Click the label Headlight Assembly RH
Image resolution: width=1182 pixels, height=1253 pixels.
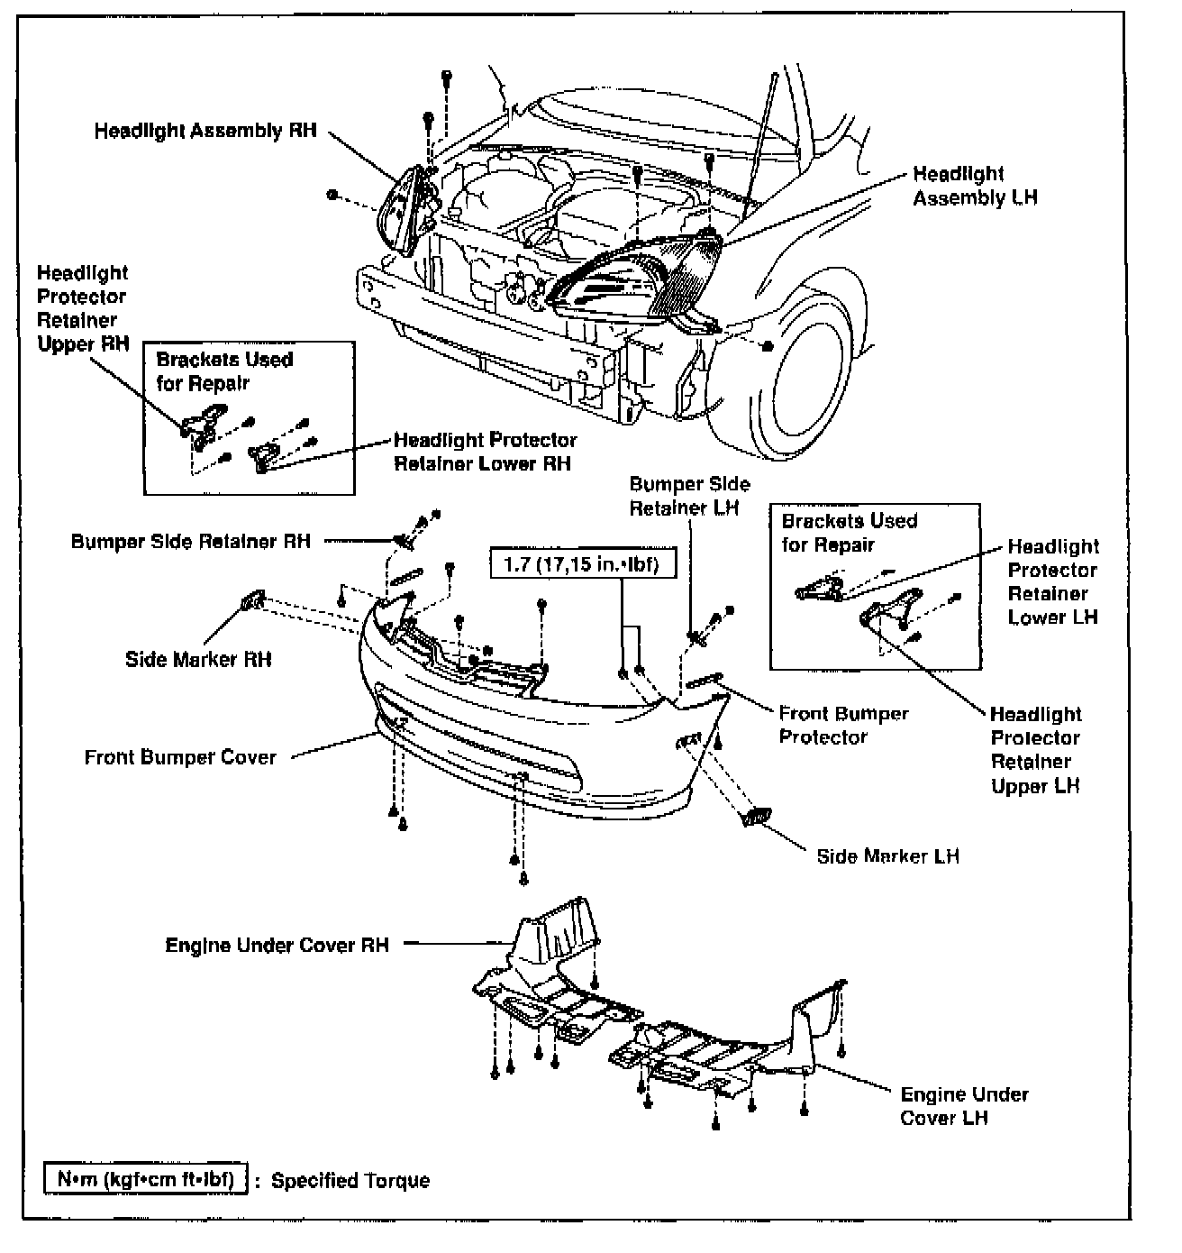point(205,131)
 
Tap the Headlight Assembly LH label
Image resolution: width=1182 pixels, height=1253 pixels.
point(975,186)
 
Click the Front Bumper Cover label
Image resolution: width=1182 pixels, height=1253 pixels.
point(180,757)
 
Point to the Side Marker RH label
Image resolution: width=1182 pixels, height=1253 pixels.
point(198,659)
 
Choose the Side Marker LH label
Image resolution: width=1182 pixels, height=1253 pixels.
point(887,855)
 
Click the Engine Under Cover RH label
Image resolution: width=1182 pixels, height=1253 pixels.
point(277,946)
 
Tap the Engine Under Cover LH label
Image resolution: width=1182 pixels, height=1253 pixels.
point(964,1106)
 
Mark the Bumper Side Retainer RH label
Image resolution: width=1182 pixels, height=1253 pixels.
point(190,542)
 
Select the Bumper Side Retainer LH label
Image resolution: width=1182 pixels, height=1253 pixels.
point(689,496)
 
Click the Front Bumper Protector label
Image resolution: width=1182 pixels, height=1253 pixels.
point(843,725)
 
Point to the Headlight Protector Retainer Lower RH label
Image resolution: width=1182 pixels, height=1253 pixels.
point(486,452)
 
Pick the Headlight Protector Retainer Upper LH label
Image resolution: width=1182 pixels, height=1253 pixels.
point(1036,749)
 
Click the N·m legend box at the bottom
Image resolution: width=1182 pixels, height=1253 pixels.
point(146,1180)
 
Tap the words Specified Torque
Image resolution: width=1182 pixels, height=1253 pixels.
point(350,1181)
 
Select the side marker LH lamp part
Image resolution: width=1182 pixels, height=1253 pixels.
point(754,817)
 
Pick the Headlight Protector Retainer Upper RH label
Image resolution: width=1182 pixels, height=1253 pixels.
point(83,307)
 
